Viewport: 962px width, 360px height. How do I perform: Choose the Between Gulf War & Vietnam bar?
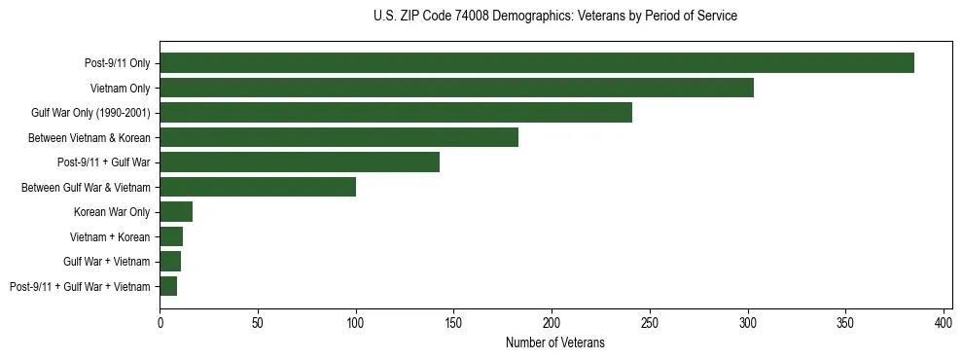(258, 187)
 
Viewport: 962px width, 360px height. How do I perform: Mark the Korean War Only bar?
(176, 212)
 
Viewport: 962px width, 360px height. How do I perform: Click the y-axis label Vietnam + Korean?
(110, 236)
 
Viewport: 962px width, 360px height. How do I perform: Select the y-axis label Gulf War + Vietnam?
(107, 262)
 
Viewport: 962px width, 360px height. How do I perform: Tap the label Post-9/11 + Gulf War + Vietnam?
(80, 286)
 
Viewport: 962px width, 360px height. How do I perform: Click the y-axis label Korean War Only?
(112, 212)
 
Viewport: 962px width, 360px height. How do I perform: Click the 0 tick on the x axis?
(160, 321)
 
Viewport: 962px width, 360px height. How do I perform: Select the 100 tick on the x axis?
(356, 321)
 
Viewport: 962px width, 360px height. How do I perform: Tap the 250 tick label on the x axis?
(650, 321)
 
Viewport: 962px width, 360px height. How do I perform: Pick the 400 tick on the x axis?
(944, 321)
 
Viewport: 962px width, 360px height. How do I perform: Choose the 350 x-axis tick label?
(845, 321)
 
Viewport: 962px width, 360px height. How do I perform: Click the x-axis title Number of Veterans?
(554, 342)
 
